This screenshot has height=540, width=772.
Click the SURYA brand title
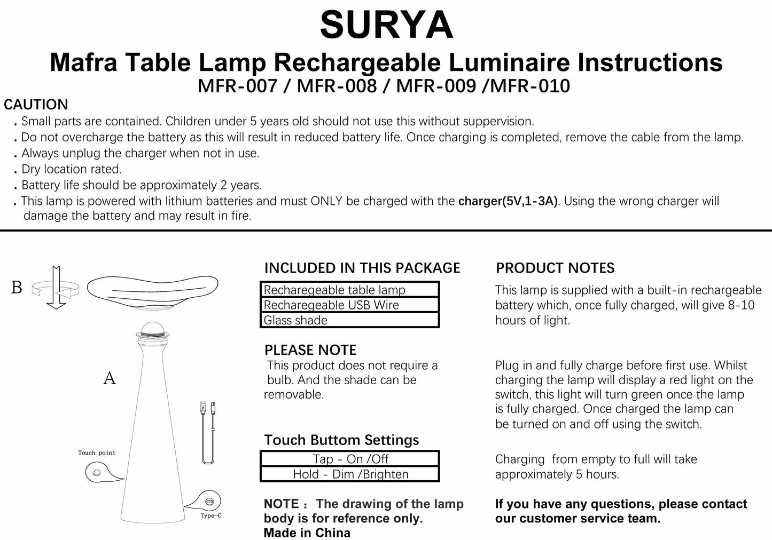tap(386, 25)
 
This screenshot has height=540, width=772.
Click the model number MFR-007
tap(237, 85)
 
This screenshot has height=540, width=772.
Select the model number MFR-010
tap(526, 85)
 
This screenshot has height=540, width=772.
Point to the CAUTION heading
tap(36, 105)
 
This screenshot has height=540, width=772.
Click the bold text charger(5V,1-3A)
tap(508, 201)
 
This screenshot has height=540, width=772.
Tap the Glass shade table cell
tap(349, 320)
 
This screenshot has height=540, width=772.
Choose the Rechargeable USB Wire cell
tap(349, 305)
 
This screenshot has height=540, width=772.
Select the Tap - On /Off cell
tap(349, 459)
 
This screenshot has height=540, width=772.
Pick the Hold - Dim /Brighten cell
tap(349, 474)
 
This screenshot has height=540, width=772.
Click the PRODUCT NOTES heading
tap(555, 268)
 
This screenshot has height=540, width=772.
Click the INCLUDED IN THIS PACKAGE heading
tap(362, 268)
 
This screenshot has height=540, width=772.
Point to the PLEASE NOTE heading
tap(310, 350)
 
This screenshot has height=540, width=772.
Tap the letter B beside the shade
tap(17, 288)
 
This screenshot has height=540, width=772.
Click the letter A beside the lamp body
tap(110, 378)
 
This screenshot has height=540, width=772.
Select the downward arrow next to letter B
tap(56, 288)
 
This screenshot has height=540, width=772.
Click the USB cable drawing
tap(208, 432)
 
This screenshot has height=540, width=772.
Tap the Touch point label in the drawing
tap(97, 452)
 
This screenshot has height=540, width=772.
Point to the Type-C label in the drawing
tap(210, 515)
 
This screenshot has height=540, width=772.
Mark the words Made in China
tap(307, 533)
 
